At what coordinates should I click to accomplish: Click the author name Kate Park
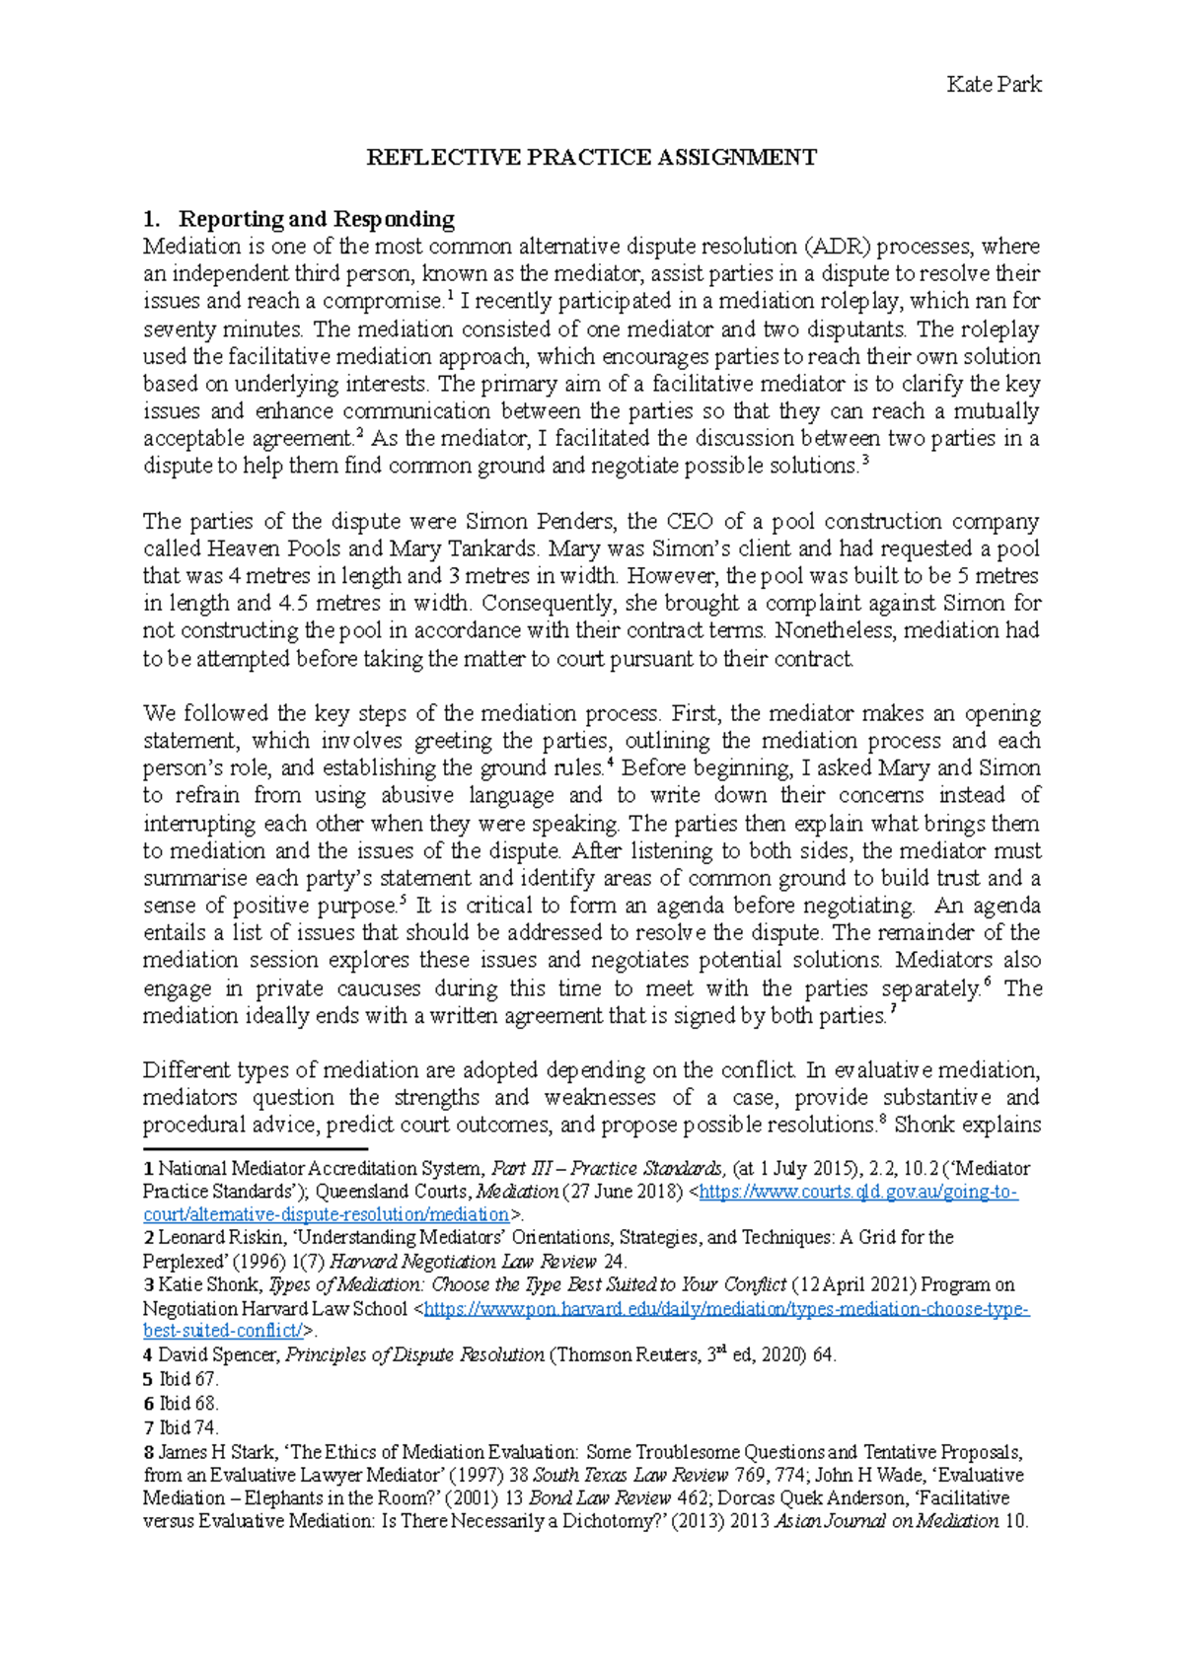coord(994,85)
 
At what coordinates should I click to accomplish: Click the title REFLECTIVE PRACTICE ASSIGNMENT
coord(592,157)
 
